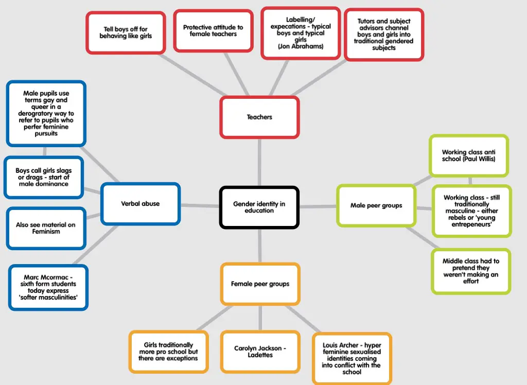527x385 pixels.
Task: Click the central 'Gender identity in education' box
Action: pyautogui.click(x=259, y=207)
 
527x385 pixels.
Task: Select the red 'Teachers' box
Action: pyautogui.click(x=259, y=117)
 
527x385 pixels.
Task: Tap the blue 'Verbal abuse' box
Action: pyautogui.click(x=140, y=204)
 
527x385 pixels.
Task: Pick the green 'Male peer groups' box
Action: pyautogui.click(x=376, y=205)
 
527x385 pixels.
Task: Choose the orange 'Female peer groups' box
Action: pyautogui.click(x=260, y=284)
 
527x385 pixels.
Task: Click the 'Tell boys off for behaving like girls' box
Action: pyautogui.click(x=126, y=32)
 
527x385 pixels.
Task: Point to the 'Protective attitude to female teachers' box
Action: pyautogui.click(x=213, y=30)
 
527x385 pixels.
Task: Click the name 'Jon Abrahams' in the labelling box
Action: pyautogui.click(x=301, y=46)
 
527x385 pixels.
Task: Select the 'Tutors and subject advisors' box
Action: pyautogui.click(x=384, y=34)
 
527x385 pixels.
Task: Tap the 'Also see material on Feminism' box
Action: pyautogui.click(x=46, y=228)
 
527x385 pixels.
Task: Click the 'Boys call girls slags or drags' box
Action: pyautogui.click(x=44, y=177)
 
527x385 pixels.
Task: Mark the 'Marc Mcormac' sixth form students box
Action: pyautogui.click(x=48, y=288)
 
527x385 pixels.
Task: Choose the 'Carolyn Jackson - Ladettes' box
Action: pyautogui.click(x=260, y=352)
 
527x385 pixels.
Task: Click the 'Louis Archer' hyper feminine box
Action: pyautogui.click(x=352, y=358)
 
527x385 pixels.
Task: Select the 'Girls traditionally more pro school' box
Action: pyautogui.click(x=168, y=352)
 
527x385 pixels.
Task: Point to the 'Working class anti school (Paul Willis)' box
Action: pyautogui.click(x=469, y=155)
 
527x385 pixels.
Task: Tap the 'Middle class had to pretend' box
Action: pyautogui.click(x=471, y=271)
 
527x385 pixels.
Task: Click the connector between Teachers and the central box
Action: pyautogui.click(x=259, y=163)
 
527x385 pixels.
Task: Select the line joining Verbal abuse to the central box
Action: pyautogui.click(x=200, y=205)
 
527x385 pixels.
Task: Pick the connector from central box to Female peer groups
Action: pyautogui.click(x=260, y=246)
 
